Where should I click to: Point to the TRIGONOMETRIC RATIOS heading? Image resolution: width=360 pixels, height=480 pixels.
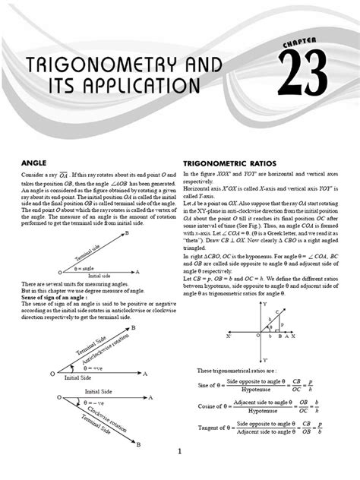230,163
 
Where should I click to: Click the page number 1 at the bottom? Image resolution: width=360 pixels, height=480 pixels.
180,452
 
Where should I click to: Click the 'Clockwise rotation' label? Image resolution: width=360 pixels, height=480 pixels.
106,416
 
